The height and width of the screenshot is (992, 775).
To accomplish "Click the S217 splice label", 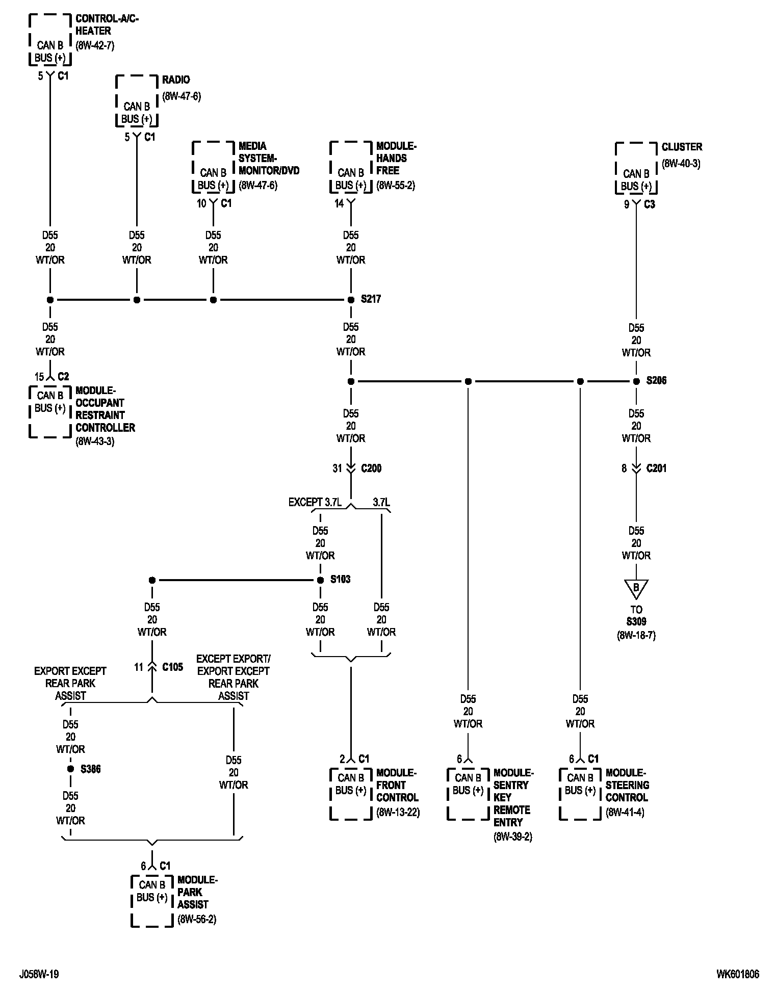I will [371, 299].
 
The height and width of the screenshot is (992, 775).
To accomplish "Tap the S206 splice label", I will [656, 381].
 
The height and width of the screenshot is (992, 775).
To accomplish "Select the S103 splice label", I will [340, 580].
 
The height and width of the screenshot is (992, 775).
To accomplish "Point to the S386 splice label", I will [90, 769].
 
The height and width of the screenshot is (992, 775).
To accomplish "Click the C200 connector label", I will [371, 468].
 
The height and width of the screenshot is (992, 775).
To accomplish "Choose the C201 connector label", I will [656, 468].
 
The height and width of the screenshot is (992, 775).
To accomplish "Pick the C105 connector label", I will [172, 667].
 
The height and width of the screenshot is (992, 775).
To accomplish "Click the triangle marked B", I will [636, 588].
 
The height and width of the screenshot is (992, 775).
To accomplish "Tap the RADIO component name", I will [176, 80].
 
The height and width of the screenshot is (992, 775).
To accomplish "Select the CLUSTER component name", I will [682, 147].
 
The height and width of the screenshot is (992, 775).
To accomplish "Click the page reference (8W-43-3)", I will [95, 441].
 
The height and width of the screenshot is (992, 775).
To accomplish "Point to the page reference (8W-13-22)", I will [398, 813].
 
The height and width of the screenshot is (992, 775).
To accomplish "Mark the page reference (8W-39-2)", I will [512, 837].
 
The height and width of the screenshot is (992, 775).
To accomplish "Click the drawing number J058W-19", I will [39, 974].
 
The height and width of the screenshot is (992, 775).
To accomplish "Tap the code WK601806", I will [737, 974].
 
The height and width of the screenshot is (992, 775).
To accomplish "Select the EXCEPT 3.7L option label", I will [315, 503].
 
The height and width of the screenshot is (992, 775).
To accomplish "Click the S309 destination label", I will [636, 622].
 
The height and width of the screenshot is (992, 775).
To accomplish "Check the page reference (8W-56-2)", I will [197, 920].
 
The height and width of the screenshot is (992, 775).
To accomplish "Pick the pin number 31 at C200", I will [337, 468].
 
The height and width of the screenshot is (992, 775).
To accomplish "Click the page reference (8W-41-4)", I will [625, 813].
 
